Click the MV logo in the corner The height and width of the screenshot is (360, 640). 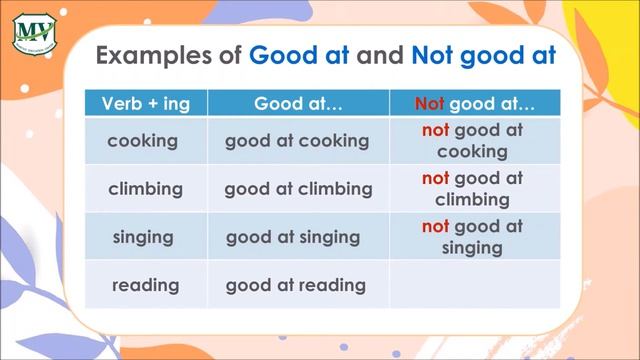click(x=35, y=33)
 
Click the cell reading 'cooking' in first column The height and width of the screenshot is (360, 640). click(x=142, y=141)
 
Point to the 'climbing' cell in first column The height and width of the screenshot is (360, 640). click(x=145, y=188)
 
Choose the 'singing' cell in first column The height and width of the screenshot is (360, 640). click(x=143, y=237)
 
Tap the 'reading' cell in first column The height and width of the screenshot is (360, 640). click(x=146, y=285)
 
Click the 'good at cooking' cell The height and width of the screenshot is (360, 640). click(x=296, y=141)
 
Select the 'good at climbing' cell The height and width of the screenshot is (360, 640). click(x=298, y=188)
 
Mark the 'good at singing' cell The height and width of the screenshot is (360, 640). click(x=293, y=237)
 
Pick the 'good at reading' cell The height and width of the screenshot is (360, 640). click(x=295, y=285)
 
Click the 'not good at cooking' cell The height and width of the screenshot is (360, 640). click(x=473, y=141)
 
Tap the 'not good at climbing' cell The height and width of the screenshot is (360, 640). click(x=473, y=188)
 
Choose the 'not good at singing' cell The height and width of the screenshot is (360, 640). click(x=473, y=237)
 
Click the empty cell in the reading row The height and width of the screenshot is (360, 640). click(x=473, y=285)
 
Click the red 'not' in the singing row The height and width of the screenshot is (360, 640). click(x=435, y=227)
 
